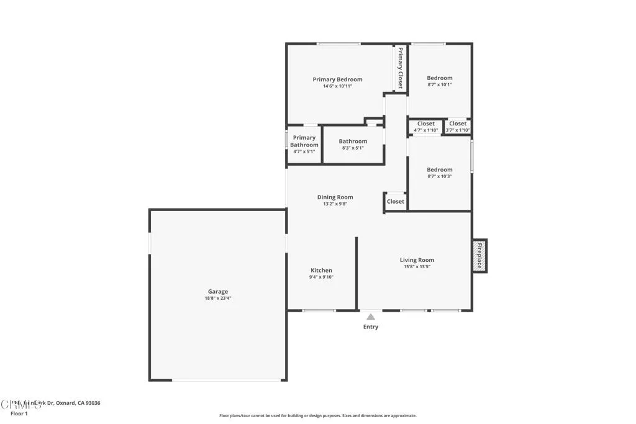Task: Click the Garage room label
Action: (217, 291)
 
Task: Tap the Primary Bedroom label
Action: (337, 79)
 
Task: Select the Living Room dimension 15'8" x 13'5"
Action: (416, 267)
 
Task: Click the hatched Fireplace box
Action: (479, 255)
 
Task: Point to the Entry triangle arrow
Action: (371, 317)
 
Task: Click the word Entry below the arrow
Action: (371, 327)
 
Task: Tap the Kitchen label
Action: (321, 270)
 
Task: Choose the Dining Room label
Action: (335, 197)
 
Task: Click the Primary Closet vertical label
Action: (401, 68)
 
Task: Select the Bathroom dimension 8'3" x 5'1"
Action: (353, 148)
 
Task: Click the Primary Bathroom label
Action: (304, 141)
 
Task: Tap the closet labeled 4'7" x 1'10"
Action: (426, 127)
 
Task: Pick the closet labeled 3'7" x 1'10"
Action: (458, 127)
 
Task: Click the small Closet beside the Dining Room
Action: (396, 201)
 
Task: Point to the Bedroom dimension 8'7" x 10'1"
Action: (440, 85)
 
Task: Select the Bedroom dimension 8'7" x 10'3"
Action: (440, 176)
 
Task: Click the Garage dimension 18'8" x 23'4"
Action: (217, 299)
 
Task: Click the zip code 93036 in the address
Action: (91, 403)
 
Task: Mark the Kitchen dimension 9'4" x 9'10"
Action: (321, 277)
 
